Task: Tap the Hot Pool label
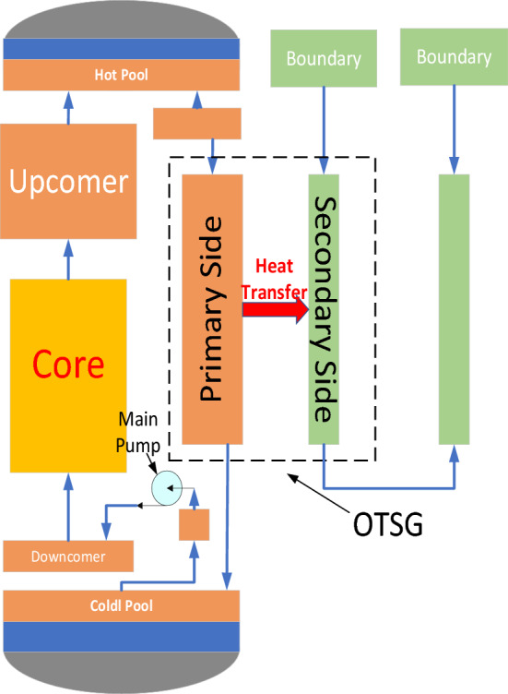[122, 74]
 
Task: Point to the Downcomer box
[68, 556]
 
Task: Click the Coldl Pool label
[122, 605]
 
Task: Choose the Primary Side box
[211, 308]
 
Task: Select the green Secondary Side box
[325, 308]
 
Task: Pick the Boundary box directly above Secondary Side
[323, 58]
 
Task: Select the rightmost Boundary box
[453, 57]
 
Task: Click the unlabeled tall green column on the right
[455, 308]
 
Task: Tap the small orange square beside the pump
[194, 524]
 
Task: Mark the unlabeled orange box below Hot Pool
[195, 121]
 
